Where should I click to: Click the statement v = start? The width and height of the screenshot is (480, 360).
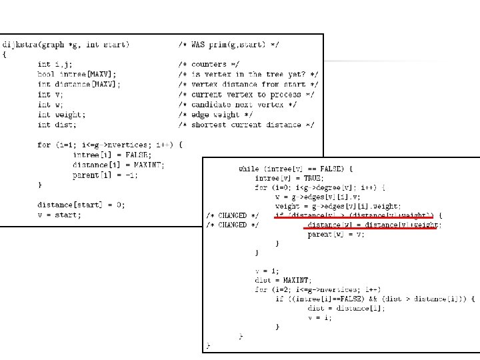[59, 215]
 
